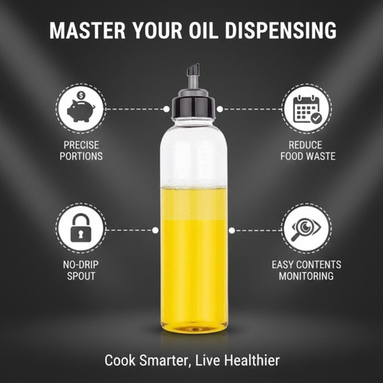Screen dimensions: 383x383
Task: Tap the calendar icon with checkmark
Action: point(307,109)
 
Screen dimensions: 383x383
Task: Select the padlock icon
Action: point(81,228)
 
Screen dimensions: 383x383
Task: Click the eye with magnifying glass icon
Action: point(306,229)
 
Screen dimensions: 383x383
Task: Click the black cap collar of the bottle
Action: point(193,106)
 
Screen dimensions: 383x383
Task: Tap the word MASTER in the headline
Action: point(88,30)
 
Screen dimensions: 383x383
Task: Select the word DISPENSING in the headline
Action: point(281,30)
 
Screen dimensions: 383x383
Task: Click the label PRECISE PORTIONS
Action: point(81,151)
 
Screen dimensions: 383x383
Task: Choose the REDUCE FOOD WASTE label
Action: point(308,151)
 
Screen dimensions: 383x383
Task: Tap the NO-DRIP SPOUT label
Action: point(81,270)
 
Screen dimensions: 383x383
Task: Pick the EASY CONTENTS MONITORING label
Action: point(306,270)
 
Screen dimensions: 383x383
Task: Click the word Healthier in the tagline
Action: point(251,361)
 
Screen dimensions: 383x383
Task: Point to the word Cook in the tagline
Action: point(120,361)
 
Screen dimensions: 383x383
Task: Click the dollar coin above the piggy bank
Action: point(81,95)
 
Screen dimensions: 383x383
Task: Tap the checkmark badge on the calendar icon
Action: point(317,118)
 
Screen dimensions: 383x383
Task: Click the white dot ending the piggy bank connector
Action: point(167,109)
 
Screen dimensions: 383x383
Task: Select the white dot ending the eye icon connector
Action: point(231,231)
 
